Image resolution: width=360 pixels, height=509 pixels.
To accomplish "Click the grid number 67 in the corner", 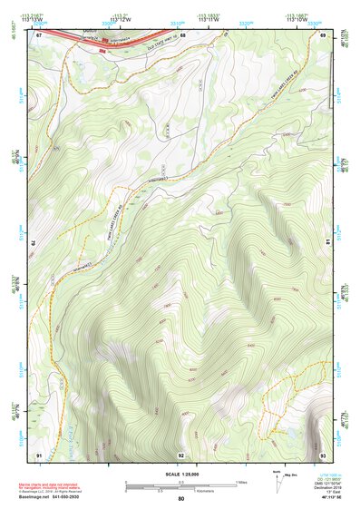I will tap(39, 34).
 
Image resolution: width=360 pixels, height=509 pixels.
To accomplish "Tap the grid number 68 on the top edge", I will tap(182, 34).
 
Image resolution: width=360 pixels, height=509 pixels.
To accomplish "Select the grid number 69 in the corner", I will tap(323, 34).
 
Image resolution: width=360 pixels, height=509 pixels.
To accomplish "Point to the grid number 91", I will tap(39, 454).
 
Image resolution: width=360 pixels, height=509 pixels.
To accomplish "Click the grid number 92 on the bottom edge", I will tap(181, 454).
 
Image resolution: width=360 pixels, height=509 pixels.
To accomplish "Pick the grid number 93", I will tap(323, 454).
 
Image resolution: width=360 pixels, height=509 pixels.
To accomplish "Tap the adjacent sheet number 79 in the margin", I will tap(30, 243).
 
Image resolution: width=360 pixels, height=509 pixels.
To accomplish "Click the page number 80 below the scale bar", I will tap(181, 498).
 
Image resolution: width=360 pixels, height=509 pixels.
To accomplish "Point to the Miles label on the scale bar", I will tap(240, 481).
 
